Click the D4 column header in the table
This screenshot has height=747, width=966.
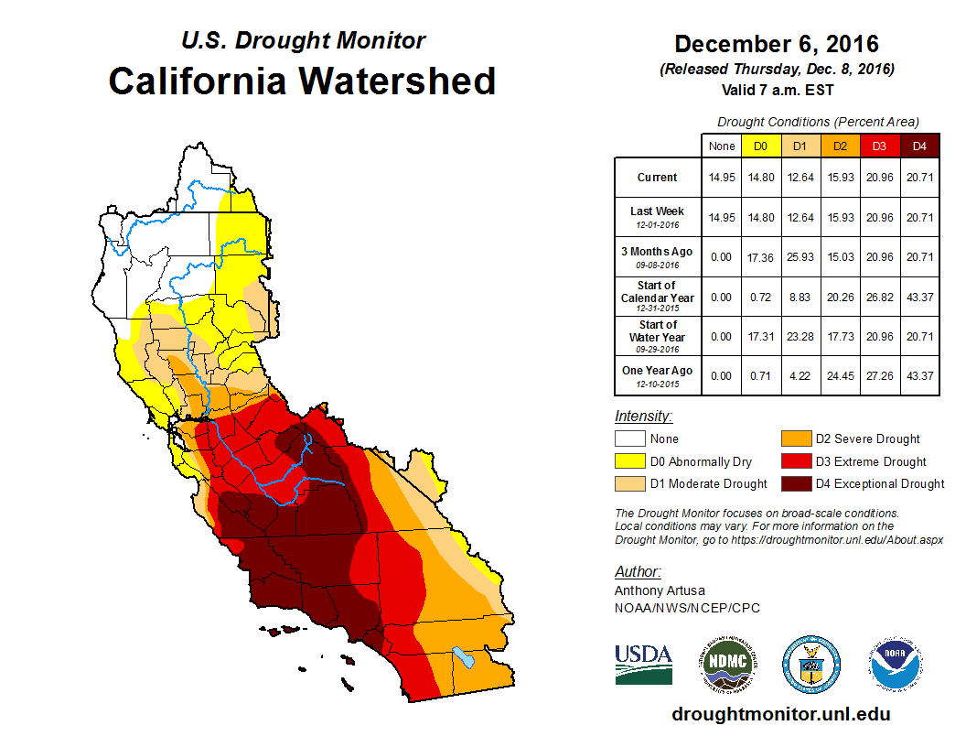[x=919, y=146]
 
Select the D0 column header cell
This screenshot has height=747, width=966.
[x=760, y=146]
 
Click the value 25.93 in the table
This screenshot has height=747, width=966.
[x=800, y=257]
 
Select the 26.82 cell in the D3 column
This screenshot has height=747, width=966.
[x=879, y=298]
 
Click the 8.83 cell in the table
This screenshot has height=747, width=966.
[x=800, y=298]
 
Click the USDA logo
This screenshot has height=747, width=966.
[x=643, y=664]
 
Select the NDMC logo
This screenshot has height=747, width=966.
[x=727, y=664]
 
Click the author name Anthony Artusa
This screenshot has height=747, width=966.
[x=660, y=590]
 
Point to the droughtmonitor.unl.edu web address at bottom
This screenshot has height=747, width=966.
[x=780, y=714]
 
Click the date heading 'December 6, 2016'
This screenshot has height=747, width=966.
[x=777, y=44]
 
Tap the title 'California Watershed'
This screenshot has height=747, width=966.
[x=302, y=81]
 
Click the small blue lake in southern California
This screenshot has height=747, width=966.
[x=465, y=657]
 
